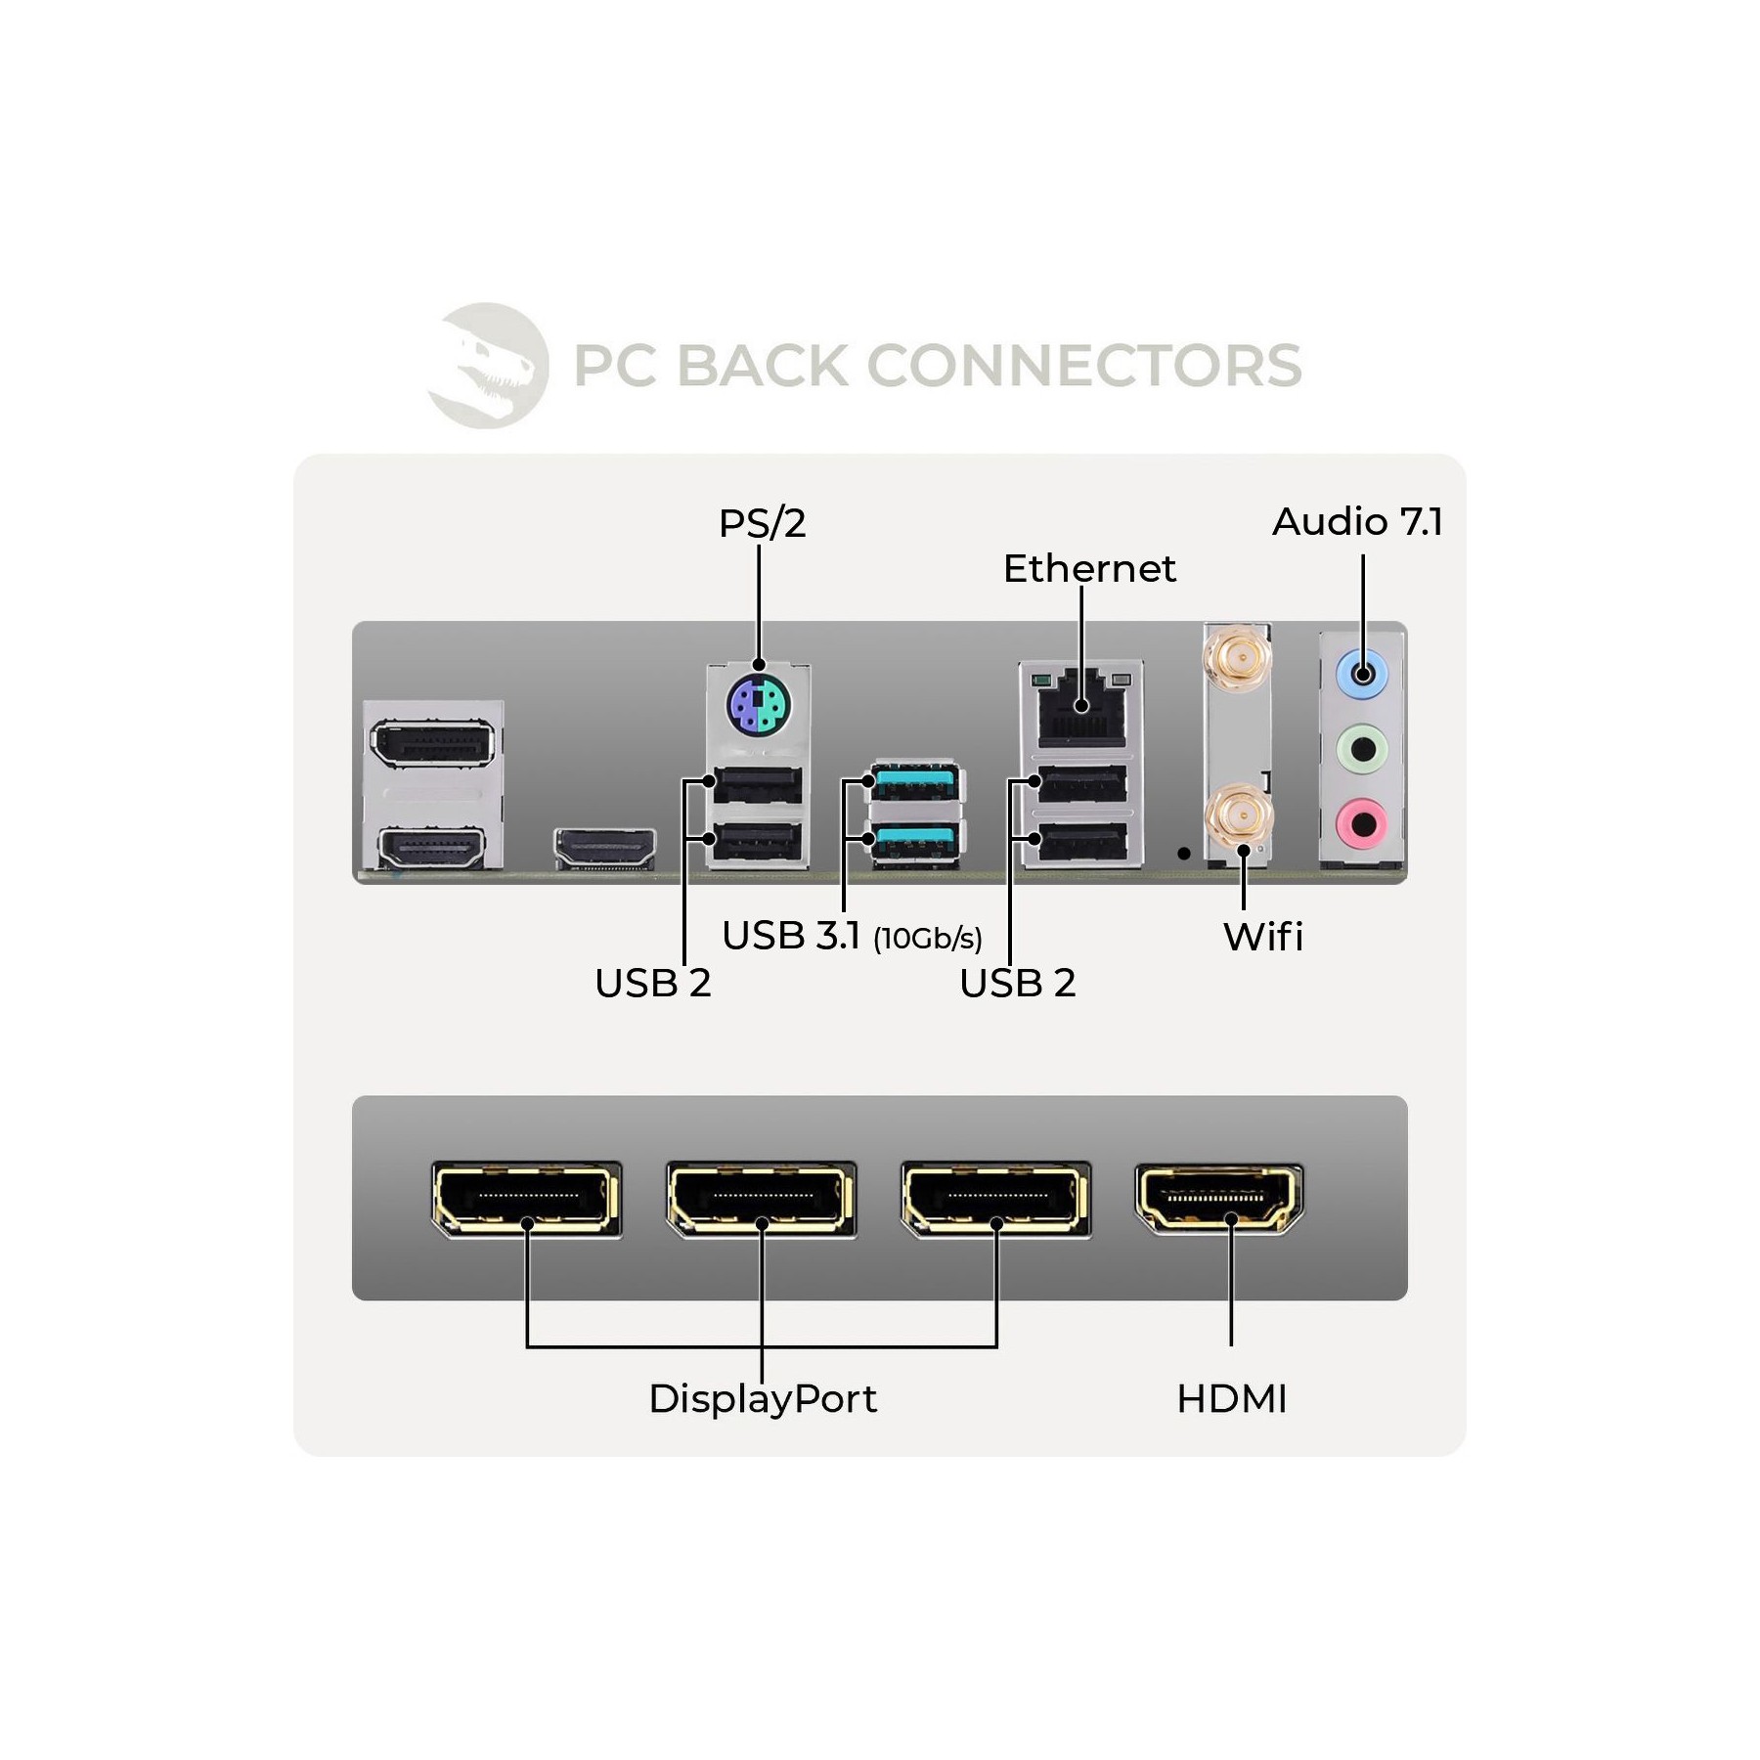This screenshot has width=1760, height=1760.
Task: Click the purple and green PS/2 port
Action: [759, 704]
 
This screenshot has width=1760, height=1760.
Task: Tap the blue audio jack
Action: [1362, 673]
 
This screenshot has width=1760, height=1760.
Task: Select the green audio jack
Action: [1362, 750]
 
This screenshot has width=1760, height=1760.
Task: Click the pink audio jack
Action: [1362, 824]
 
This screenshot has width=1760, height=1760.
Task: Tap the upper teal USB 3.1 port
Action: [914, 783]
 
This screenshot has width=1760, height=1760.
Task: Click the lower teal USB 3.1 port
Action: [914, 841]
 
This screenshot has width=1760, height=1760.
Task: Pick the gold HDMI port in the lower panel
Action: [1219, 1198]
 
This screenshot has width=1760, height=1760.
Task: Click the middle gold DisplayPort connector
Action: [761, 1199]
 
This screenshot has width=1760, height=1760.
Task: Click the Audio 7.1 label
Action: [1357, 522]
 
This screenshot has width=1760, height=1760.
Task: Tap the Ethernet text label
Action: [1089, 568]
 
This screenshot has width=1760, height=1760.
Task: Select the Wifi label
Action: [1263, 937]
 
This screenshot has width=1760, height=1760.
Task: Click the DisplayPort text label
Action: [763, 1399]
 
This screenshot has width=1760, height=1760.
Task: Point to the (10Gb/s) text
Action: [928, 939]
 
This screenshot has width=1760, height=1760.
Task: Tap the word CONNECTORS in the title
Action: [1084, 366]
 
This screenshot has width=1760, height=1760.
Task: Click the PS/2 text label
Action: [763, 524]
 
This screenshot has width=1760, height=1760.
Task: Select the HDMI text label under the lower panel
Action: [1232, 1399]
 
